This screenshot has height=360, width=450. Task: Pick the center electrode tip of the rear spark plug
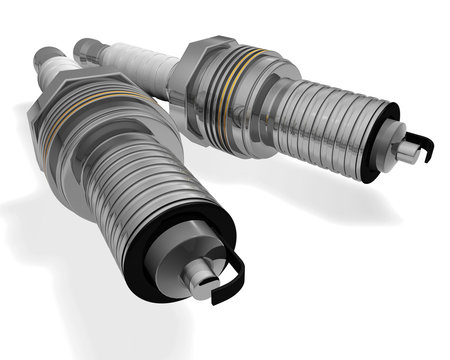point(409,152)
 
